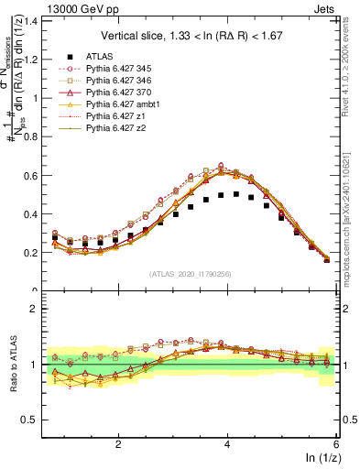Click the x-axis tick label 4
point(227,443)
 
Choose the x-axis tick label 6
point(336,443)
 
